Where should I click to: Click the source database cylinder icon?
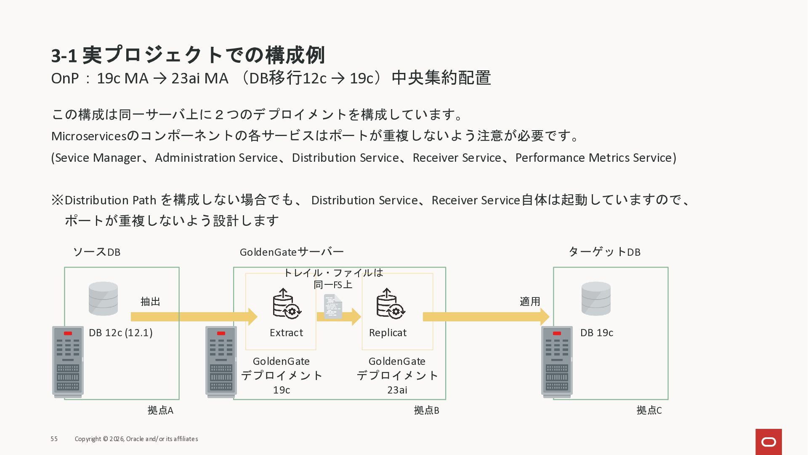(103, 298)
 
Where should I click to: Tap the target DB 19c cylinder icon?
(595, 298)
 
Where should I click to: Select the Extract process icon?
(286, 303)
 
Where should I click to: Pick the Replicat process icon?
(390, 303)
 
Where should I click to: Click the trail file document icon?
(332, 307)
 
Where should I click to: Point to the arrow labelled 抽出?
(194, 317)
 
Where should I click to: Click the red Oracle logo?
(768, 442)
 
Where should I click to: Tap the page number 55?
(54, 439)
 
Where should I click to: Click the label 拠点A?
(160, 410)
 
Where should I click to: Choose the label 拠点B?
(426, 410)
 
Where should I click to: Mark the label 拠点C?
(649, 410)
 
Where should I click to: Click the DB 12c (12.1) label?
(120, 333)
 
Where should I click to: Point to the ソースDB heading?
(97, 252)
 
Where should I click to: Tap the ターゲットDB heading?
(604, 252)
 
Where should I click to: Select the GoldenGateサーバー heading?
(292, 252)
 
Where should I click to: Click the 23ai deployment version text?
(397, 390)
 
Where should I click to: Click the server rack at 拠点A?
(68, 361)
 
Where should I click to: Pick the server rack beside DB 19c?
(557, 361)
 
